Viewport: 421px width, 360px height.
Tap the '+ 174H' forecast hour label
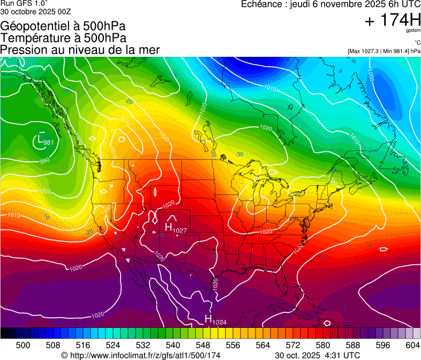pyautogui.click(x=393, y=20)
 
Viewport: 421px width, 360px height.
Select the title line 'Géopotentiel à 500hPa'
pyautogui.click(x=63, y=26)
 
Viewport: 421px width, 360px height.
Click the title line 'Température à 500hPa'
pyautogui.click(x=63, y=38)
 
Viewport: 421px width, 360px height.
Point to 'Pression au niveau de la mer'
pyautogui.click(x=80, y=50)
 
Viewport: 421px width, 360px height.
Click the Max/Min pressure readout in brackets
pyautogui.click(x=384, y=51)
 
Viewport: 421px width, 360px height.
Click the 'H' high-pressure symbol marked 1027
pyautogui.click(x=168, y=227)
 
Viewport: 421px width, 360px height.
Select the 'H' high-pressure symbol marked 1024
pyautogui.click(x=208, y=319)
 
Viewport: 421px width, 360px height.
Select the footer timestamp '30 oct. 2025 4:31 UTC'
pyautogui.click(x=317, y=355)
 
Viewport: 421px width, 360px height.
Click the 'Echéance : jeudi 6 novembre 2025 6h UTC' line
pyautogui.click(x=330, y=4)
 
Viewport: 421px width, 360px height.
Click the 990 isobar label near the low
pyautogui.click(x=44, y=160)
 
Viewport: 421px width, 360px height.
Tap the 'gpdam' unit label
pyautogui.click(x=414, y=31)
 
